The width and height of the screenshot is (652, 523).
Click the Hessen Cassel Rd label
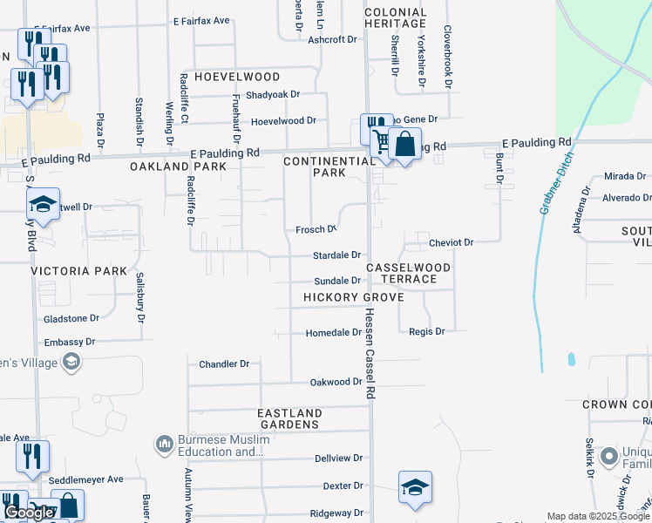370,354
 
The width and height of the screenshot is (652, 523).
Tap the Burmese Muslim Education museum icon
164,445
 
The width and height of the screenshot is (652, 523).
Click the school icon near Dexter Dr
415,487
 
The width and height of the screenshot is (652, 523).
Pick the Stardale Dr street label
336,255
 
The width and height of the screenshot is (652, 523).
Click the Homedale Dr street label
333,333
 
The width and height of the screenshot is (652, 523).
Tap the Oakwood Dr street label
336,383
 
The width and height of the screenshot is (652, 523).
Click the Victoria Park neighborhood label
79,271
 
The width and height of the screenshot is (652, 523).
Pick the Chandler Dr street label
224,364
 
